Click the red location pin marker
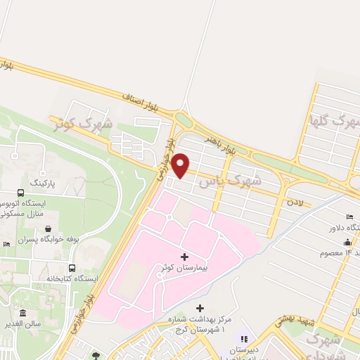tap(181, 165)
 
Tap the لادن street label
tap(294, 202)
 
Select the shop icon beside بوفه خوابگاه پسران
tap(47, 229)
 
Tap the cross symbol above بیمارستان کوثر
tap(185, 257)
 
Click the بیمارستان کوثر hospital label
tap(184, 269)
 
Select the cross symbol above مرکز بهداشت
tap(200, 308)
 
